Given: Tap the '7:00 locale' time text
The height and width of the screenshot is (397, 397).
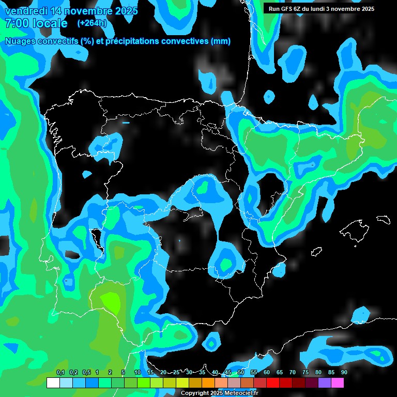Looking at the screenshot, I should click(x=36, y=24).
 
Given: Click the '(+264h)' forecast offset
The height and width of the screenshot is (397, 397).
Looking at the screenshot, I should click(x=92, y=23).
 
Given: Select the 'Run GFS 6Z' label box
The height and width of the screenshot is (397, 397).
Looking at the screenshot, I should click(x=321, y=9).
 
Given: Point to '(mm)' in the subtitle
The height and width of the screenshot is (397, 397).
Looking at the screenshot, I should click(x=221, y=41).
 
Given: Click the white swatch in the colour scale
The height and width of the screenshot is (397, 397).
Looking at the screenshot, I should click(x=53, y=383).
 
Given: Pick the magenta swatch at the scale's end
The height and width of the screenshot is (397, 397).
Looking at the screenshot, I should click(x=338, y=383).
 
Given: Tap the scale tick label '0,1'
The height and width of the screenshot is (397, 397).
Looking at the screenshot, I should click(x=60, y=373).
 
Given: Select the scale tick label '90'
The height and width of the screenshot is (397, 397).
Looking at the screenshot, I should click(x=344, y=373).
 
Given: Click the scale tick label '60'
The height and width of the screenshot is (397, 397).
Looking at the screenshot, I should click(x=266, y=373).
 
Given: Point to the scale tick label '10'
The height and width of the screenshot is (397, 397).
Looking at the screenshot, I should click(x=137, y=373).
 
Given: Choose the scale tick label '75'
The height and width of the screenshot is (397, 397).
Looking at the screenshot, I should click(x=305, y=373).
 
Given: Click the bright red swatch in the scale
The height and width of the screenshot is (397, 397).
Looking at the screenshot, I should click(x=273, y=383).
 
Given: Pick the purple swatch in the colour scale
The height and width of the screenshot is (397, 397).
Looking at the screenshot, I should click(x=325, y=383).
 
